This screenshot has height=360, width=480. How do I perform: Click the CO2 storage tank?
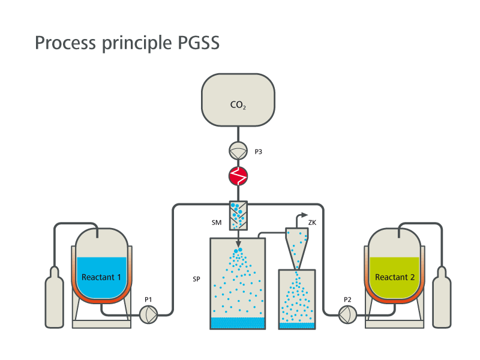[x=238, y=100]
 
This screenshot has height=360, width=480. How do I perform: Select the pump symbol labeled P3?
[x=238, y=151]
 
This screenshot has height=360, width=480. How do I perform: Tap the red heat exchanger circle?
[x=238, y=176]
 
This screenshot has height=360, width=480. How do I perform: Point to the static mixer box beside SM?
[x=238, y=215]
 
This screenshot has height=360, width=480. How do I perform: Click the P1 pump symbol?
[x=148, y=314]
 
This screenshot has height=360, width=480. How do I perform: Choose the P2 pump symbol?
[x=348, y=314]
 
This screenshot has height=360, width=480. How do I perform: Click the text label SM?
[x=217, y=223]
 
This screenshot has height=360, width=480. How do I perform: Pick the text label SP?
[x=197, y=279]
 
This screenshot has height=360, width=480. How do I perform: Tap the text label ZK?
[x=312, y=223]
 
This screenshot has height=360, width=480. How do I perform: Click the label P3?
[x=259, y=152]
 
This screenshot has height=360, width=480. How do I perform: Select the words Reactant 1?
[x=101, y=277]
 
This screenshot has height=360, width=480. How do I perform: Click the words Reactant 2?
[x=395, y=277]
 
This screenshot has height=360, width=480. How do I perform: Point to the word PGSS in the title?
[x=199, y=43]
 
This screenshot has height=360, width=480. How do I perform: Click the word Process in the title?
[x=65, y=43]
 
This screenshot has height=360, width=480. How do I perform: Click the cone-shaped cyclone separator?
[x=296, y=248]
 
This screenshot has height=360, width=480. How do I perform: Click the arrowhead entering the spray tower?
[x=238, y=244]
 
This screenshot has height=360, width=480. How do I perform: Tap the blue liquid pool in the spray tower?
[x=238, y=323]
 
